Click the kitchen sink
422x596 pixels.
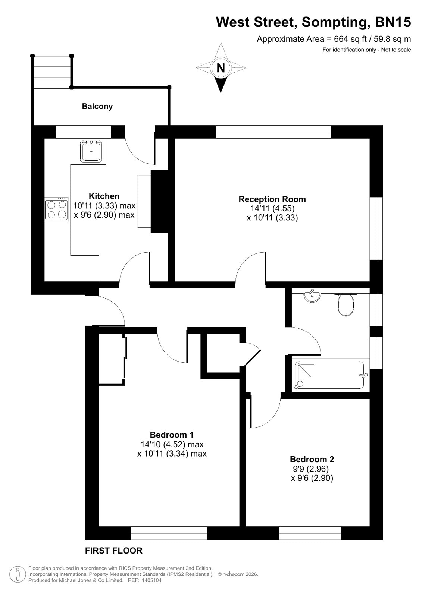click(x=91, y=151)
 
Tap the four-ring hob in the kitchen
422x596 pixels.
click(x=56, y=209)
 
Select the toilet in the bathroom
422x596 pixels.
click(x=346, y=305)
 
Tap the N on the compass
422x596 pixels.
click(x=221, y=68)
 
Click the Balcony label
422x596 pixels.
click(x=97, y=107)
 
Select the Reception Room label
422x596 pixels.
click(x=272, y=199)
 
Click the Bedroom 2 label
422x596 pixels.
click(x=312, y=459)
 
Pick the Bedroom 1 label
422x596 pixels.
click(x=172, y=435)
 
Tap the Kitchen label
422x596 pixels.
click(x=104, y=196)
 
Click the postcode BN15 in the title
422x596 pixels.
click(x=393, y=22)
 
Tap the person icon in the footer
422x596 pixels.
click(x=18, y=574)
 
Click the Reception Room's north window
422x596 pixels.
click(x=273, y=132)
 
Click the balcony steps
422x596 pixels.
click(x=52, y=72)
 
